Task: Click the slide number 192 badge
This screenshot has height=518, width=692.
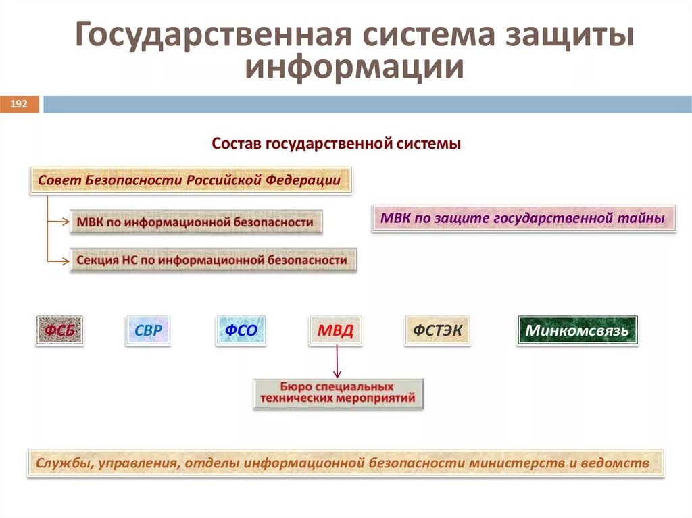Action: click(x=19, y=104)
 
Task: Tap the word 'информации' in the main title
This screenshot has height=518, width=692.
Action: click(x=354, y=68)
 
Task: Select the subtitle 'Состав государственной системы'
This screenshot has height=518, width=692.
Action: click(x=336, y=144)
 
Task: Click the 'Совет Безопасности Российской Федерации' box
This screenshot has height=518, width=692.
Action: click(x=190, y=180)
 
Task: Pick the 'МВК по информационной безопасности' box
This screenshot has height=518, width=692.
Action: click(x=195, y=222)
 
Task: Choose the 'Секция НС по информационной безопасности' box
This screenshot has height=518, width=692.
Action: click(x=212, y=260)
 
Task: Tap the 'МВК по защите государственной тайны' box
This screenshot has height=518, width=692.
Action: click(x=523, y=218)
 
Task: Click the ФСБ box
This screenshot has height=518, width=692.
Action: click(x=59, y=331)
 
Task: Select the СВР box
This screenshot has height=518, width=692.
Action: click(x=148, y=331)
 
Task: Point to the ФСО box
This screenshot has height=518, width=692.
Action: click(x=241, y=331)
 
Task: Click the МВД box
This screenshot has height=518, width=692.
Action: click(x=335, y=331)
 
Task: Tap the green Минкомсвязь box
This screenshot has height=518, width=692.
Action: click(x=577, y=331)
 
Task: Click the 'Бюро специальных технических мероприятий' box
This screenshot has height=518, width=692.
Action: click(x=338, y=394)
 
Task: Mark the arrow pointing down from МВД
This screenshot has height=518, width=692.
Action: click(x=337, y=362)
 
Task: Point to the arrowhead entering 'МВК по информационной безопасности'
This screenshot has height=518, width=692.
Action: click(x=66, y=222)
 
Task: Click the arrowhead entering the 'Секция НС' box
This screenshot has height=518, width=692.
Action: click(x=66, y=260)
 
